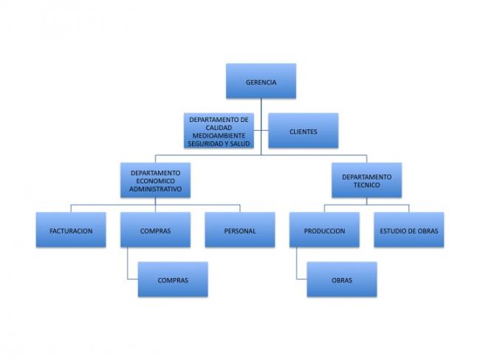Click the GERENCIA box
click(x=261, y=81)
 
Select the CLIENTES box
click(x=304, y=131)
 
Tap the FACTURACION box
click(x=71, y=230)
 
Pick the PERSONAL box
click(x=240, y=230)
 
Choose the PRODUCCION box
click(x=324, y=230)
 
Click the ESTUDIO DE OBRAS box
click(x=409, y=230)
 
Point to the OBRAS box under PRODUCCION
click(x=342, y=279)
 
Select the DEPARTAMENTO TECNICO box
click(x=367, y=180)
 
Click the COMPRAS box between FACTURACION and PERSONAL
click(x=156, y=230)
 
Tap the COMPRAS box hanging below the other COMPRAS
click(x=173, y=279)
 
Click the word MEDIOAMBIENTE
click(x=219, y=136)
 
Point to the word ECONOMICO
click(x=156, y=181)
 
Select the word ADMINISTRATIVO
click(x=156, y=189)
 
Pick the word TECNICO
click(x=367, y=185)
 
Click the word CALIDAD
click(x=219, y=128)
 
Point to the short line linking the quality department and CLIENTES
click(x=261, y=131)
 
